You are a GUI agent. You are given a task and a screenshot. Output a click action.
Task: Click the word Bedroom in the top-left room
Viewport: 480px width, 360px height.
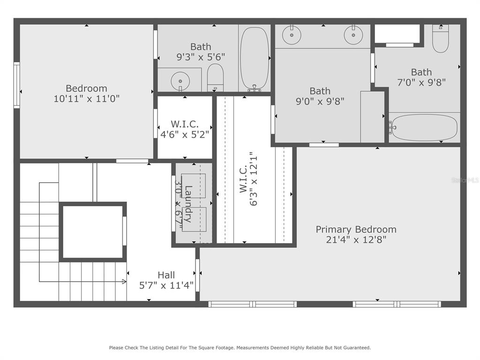[x=86, y=88]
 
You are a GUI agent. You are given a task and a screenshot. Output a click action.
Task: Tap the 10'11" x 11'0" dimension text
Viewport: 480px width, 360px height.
[x=86, y=99]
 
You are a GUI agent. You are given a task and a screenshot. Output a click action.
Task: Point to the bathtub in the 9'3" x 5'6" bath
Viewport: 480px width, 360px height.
[x=255, y=59]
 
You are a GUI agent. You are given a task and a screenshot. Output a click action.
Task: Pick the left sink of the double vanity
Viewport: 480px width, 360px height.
[x=292, y=34]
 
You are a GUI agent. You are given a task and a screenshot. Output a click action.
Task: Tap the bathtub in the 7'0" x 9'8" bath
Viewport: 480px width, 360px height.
[x=424, y=127]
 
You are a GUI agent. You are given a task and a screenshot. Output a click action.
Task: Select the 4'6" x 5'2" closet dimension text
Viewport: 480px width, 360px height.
[x=185, y=134]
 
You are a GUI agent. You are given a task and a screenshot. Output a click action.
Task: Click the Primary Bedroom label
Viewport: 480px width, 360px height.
[x=356, y=229]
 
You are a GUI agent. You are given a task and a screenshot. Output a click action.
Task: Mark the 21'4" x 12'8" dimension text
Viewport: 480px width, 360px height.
[x=356, y=240]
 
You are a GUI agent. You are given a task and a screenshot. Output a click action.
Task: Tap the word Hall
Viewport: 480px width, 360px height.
[x=166, y=275]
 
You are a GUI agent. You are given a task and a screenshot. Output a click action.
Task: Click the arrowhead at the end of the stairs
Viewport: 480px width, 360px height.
[x=124, y=281]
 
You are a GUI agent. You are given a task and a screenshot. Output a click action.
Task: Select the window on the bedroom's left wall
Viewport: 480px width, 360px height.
[x=17, y=86]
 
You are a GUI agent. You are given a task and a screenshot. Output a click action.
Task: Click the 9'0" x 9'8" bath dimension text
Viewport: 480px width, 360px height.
[x=320, y=101]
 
